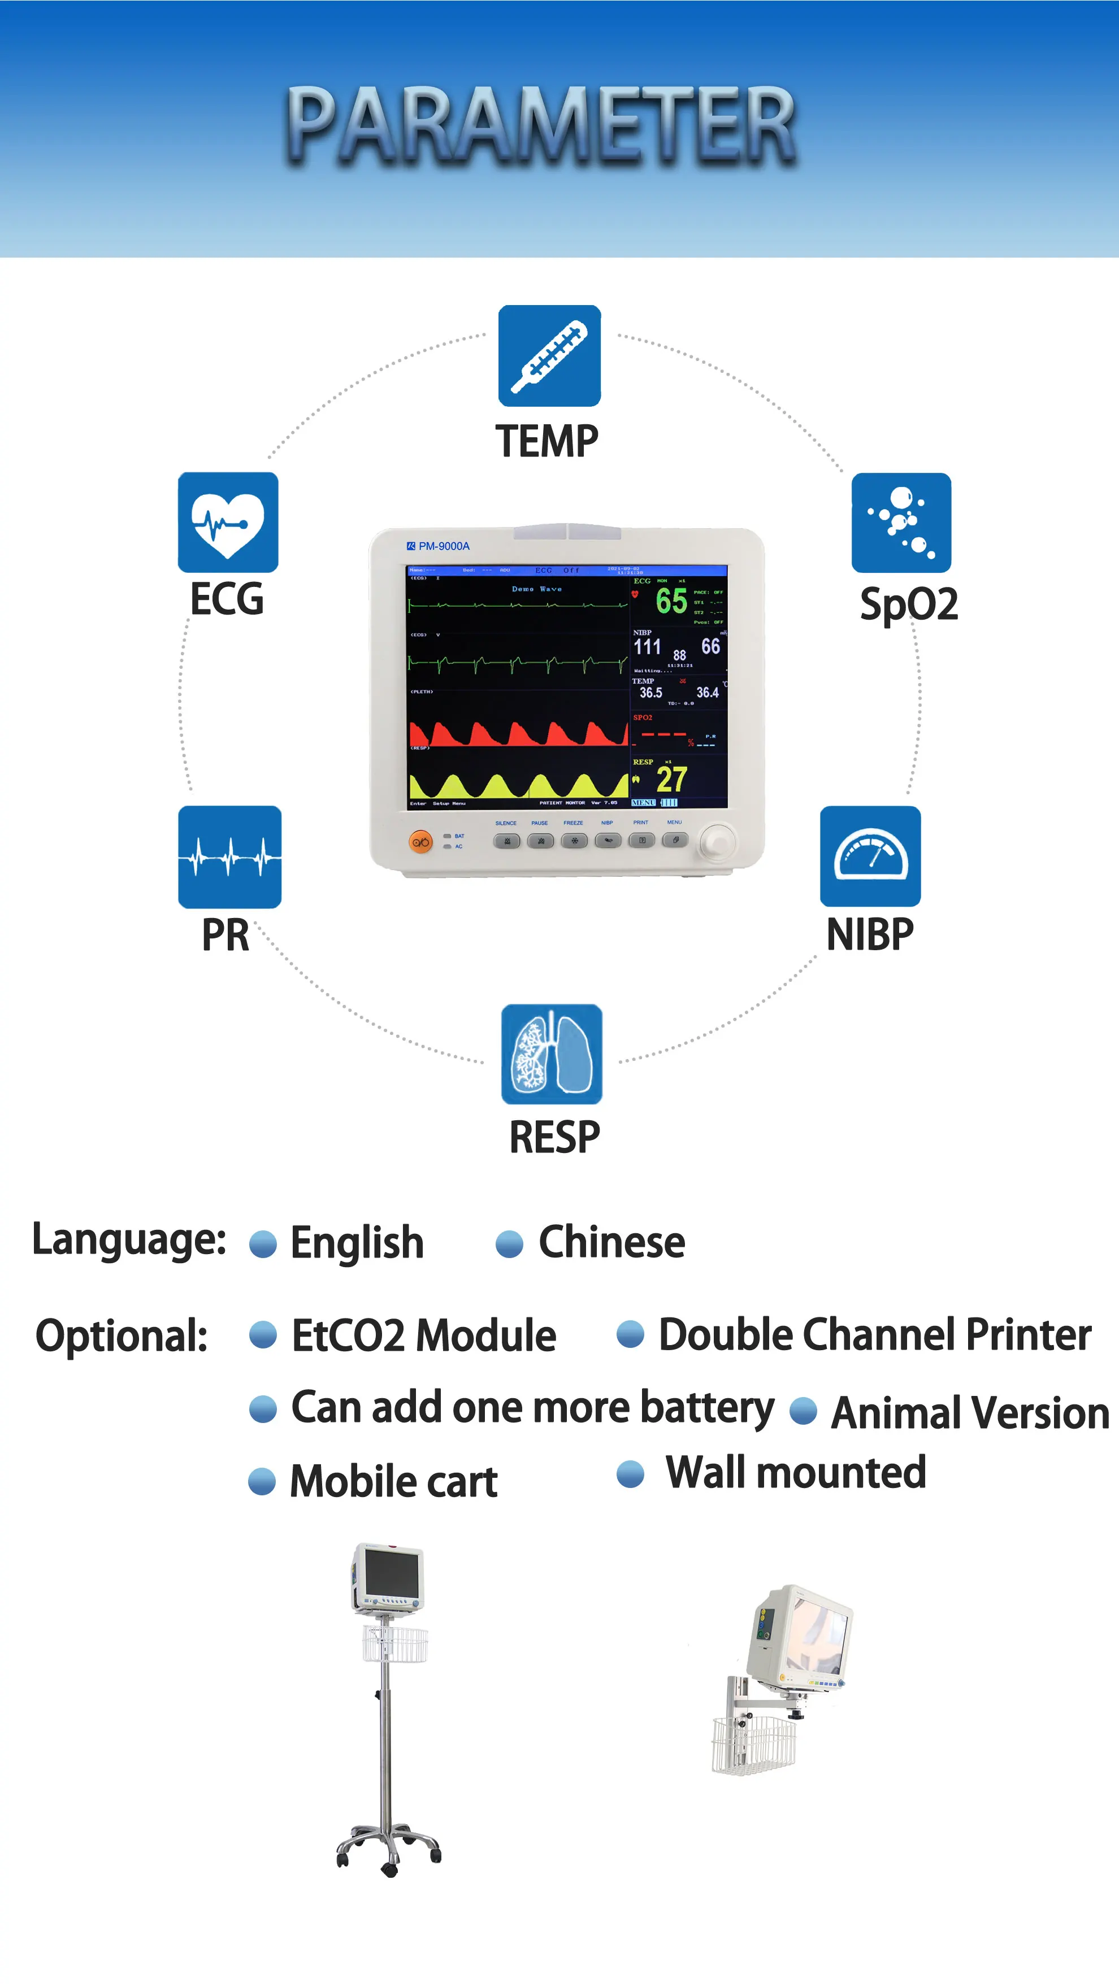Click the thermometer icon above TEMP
coord(549,356)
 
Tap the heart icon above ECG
coord(228,522)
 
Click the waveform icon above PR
coord(229,856)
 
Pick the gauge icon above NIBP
coord(870,856)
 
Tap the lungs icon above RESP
coord(552,1054)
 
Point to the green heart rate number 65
coord(671,601)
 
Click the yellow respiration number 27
coord(671,780)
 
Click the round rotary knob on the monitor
coord(718,841)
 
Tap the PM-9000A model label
coord(443,546)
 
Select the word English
coord(357,1242)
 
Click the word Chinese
coord(611,1242)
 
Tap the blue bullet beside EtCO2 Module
coord(263,1335)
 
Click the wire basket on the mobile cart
coord(394,1643)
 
